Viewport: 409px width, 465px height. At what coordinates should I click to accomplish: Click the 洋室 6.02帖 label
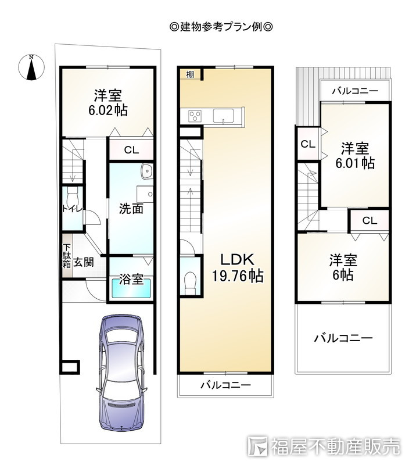(109, 102)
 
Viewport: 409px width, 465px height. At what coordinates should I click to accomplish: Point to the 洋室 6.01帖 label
(354, 155)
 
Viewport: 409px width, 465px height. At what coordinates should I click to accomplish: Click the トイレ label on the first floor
(71, 208)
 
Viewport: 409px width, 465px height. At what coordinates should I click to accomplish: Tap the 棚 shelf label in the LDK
(190, 74)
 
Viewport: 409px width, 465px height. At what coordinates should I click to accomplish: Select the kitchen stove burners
(195, 115)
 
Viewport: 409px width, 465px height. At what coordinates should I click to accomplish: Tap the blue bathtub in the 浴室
(131, 289)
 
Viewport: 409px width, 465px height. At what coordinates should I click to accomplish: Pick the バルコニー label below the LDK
(225, 385)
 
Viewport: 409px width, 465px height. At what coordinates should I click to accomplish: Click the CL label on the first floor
(131, 150)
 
